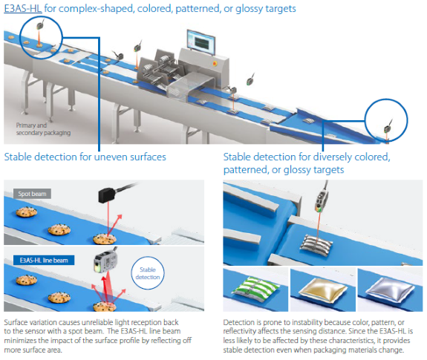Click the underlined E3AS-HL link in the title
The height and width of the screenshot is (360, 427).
pyautogui.click(x=23, y=9)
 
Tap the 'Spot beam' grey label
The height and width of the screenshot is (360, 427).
pyautogui.click(x=32, y=194)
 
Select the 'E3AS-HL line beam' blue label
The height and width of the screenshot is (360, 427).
pyautogui.click(x=44, y=260)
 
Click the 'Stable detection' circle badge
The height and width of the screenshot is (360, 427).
pyautogui.click(x=148, y=273)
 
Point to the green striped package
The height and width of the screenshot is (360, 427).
pyautogui.click(x=255, y=289)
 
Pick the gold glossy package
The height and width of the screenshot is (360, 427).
pyautogui.click(x=323, y=289)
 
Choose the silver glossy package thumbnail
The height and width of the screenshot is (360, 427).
pyautogui.click(x=390, y=290)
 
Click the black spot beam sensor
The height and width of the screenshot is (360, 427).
pyautogui.click(x=109, y=194)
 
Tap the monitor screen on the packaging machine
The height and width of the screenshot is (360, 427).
pyautogui.click(x=201, y=42)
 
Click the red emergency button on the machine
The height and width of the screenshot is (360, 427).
pyautogui.click(x=215, y=64)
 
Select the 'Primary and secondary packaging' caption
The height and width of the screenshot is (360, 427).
pyautogui.click(x=43, y=129)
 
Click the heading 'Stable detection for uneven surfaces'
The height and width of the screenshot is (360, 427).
pyautogui.click(x=85, y=157)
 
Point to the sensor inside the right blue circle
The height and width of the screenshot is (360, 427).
pyautogui.click(x=387, y=128)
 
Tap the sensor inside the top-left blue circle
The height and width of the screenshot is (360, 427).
pyautogui.click(x=40, y=26)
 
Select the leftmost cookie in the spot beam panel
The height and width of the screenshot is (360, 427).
pyautogui.click(x=27, y=212)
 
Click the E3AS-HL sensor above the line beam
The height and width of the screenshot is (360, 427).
pyautogui.click(x=105, y=263)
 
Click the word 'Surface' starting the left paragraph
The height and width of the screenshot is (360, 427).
pyautogui.click(x=16, y=322)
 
